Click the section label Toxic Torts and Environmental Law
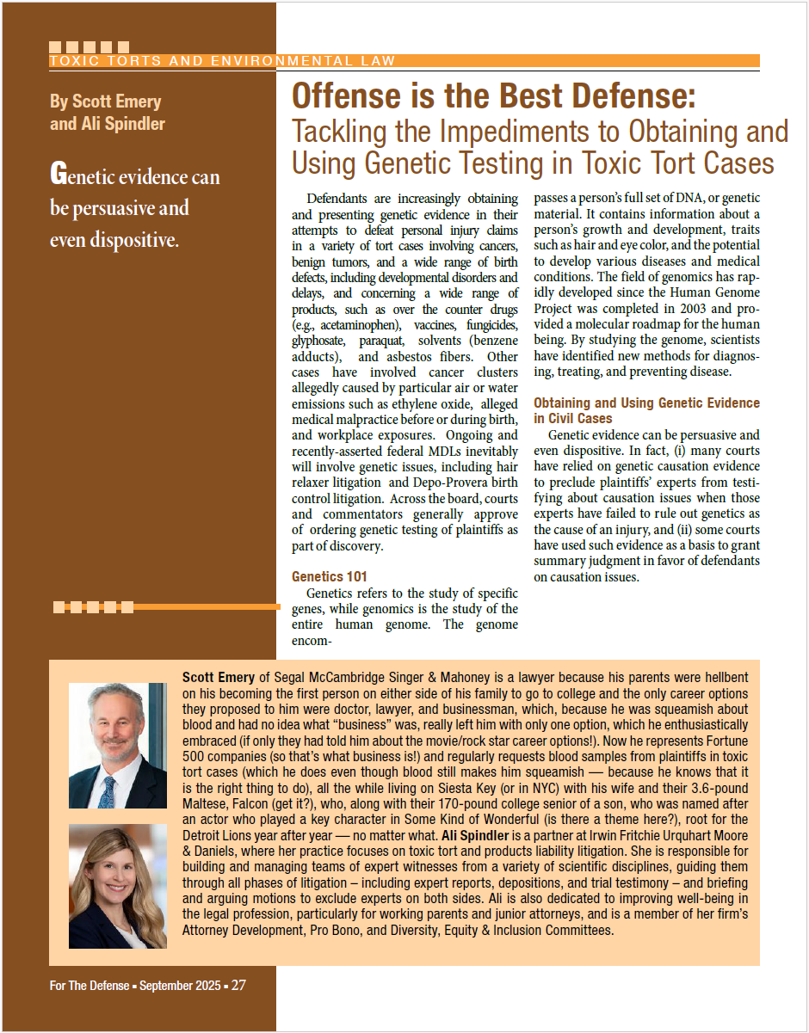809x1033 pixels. [x=222, y=61]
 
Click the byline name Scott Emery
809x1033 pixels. [x=105, y=101]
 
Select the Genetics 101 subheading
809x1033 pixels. [x=330, y=576]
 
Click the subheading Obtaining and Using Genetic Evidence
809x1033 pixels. [x=646, y=403]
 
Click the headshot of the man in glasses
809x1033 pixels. [x=117, y=745]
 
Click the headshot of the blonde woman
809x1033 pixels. [x=117, y=886]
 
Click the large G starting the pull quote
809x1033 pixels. [x=58, y=175]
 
